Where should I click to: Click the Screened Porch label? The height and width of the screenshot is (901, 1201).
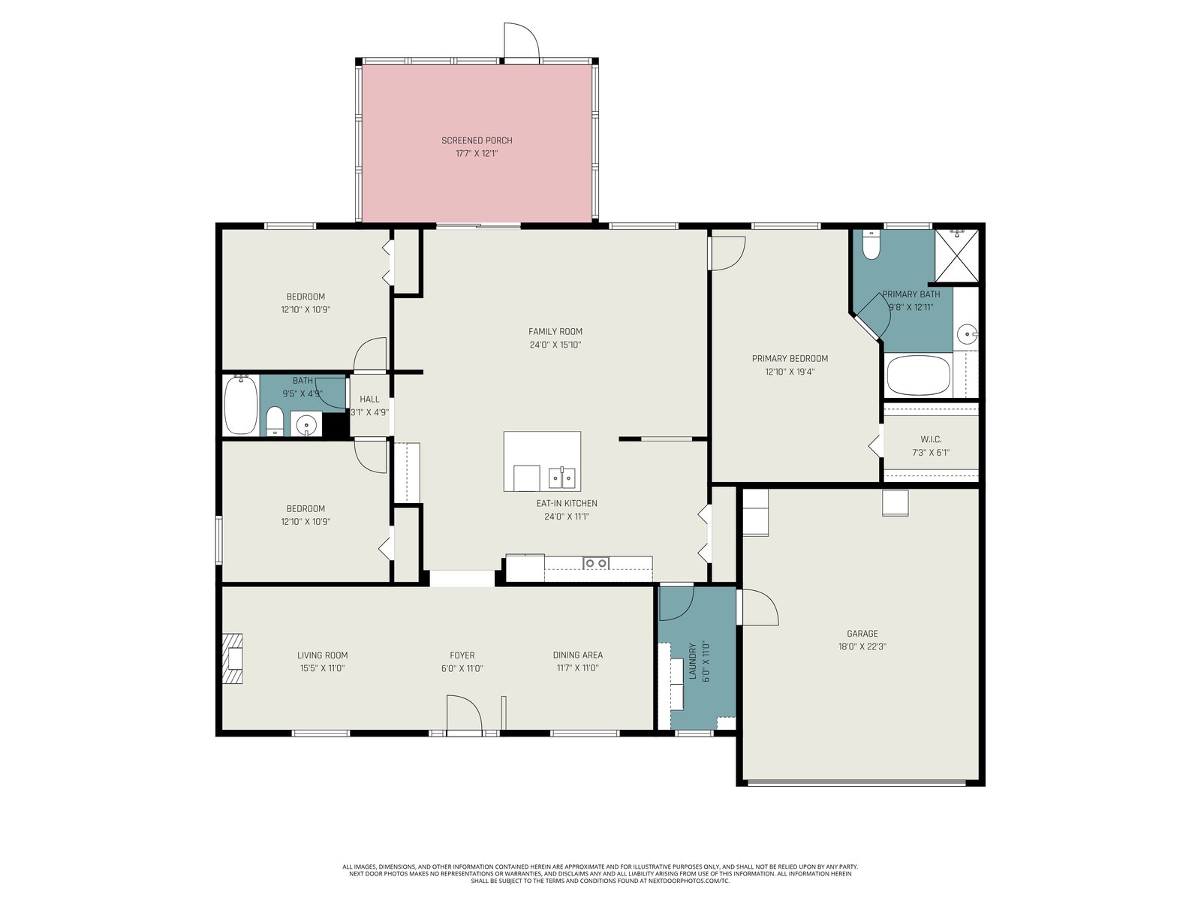[477, 140]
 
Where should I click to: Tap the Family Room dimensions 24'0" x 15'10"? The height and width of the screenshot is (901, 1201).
[555, 345]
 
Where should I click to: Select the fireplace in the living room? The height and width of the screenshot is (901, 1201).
[232, 658]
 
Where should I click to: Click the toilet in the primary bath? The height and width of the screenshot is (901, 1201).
[871, 245]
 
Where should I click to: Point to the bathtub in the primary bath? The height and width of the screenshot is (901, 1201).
[918, 375]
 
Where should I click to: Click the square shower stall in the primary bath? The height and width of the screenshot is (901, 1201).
[956, 255]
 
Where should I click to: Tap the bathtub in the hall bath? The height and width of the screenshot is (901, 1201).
[241, 405]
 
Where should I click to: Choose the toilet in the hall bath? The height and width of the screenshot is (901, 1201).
[275, 422]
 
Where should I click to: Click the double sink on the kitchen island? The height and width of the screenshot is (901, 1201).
[562, 478]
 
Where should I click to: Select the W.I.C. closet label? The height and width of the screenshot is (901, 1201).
[931, 439]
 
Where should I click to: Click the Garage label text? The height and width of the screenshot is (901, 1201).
[862, 634]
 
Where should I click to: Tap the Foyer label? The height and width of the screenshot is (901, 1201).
[462, 655]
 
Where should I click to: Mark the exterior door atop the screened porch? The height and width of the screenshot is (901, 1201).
[522, 41]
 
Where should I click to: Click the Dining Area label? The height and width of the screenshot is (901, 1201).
[578, 655]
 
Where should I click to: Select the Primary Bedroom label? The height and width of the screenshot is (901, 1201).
[790, 358]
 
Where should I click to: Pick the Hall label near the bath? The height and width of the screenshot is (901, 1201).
[369, 399]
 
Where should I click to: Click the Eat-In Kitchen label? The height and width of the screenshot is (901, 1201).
[566, 503]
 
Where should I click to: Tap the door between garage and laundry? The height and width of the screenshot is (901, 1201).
[757, 607]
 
